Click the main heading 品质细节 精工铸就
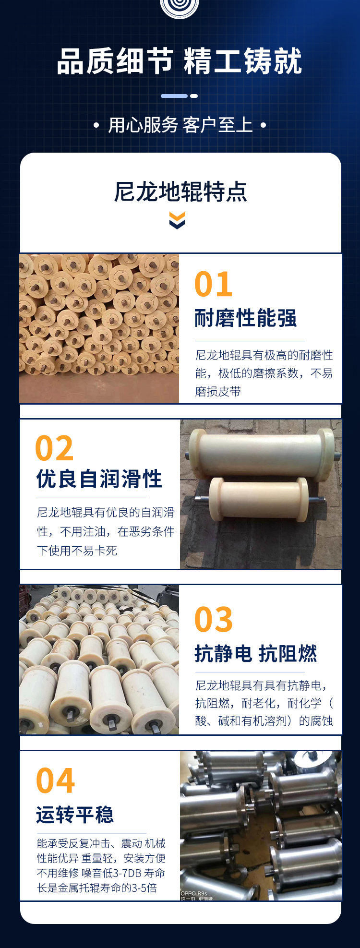180,61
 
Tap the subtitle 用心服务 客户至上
180,125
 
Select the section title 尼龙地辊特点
180,192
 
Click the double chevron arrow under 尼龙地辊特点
177,221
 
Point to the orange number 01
214,285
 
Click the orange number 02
54,449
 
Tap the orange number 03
214,620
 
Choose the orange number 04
56,781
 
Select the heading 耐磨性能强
246,318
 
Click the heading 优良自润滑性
99,479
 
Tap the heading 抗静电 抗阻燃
256,654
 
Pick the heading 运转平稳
75,815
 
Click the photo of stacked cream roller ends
99,328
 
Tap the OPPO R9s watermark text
194,893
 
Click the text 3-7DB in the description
128,873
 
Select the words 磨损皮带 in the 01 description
218,392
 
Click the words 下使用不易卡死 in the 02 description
77,551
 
